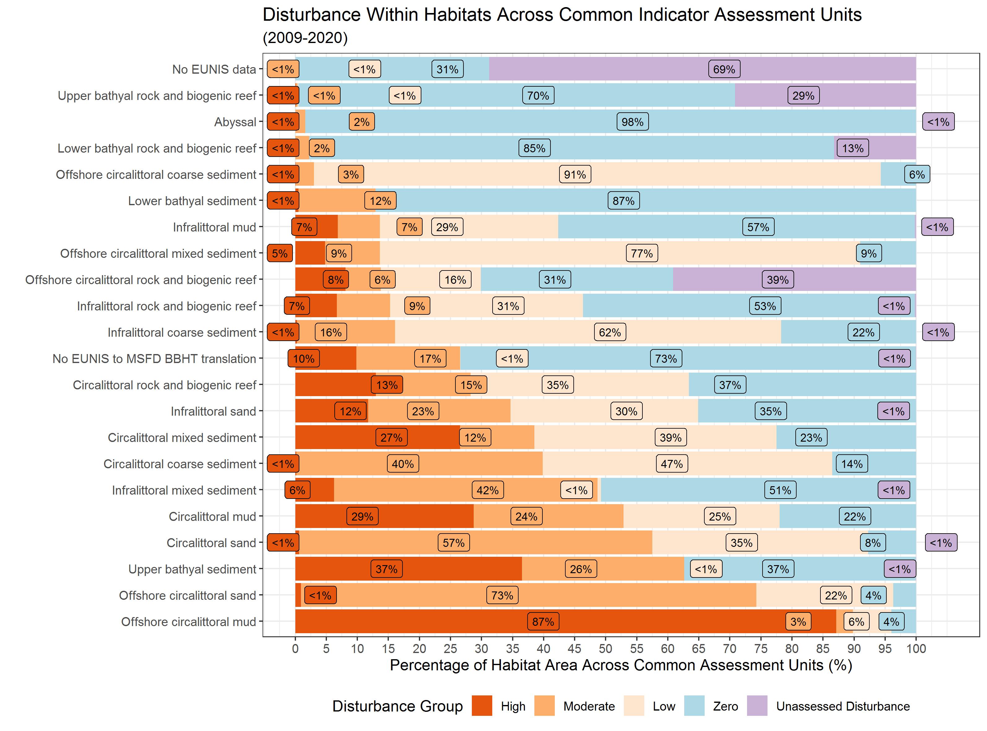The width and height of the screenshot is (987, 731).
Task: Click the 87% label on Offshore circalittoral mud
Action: click(543, 622)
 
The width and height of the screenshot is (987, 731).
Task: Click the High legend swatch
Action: click(482, 706)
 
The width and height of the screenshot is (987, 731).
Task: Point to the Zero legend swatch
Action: click(694, 706)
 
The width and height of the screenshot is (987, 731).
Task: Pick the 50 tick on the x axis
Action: click(606, 649)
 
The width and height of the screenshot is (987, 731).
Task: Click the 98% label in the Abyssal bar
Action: click(633, 122)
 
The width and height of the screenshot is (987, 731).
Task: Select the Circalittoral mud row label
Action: click(212, 517)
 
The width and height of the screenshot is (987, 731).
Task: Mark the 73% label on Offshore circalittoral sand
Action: click(502, 595)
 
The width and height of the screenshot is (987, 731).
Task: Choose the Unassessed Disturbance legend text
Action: click(843, 706)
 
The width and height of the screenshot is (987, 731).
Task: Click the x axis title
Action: click(620, 665)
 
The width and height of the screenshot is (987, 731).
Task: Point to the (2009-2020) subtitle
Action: click(305, 38)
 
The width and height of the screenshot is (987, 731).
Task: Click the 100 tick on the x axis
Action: click(916, 649)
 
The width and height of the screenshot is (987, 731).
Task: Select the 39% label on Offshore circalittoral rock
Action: click(778, 280)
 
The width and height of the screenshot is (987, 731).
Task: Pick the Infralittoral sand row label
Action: click(213, 412)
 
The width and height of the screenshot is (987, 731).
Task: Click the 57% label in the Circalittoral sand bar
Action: click(454, 543)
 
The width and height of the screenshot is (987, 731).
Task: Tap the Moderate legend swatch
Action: click(544, 706)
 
